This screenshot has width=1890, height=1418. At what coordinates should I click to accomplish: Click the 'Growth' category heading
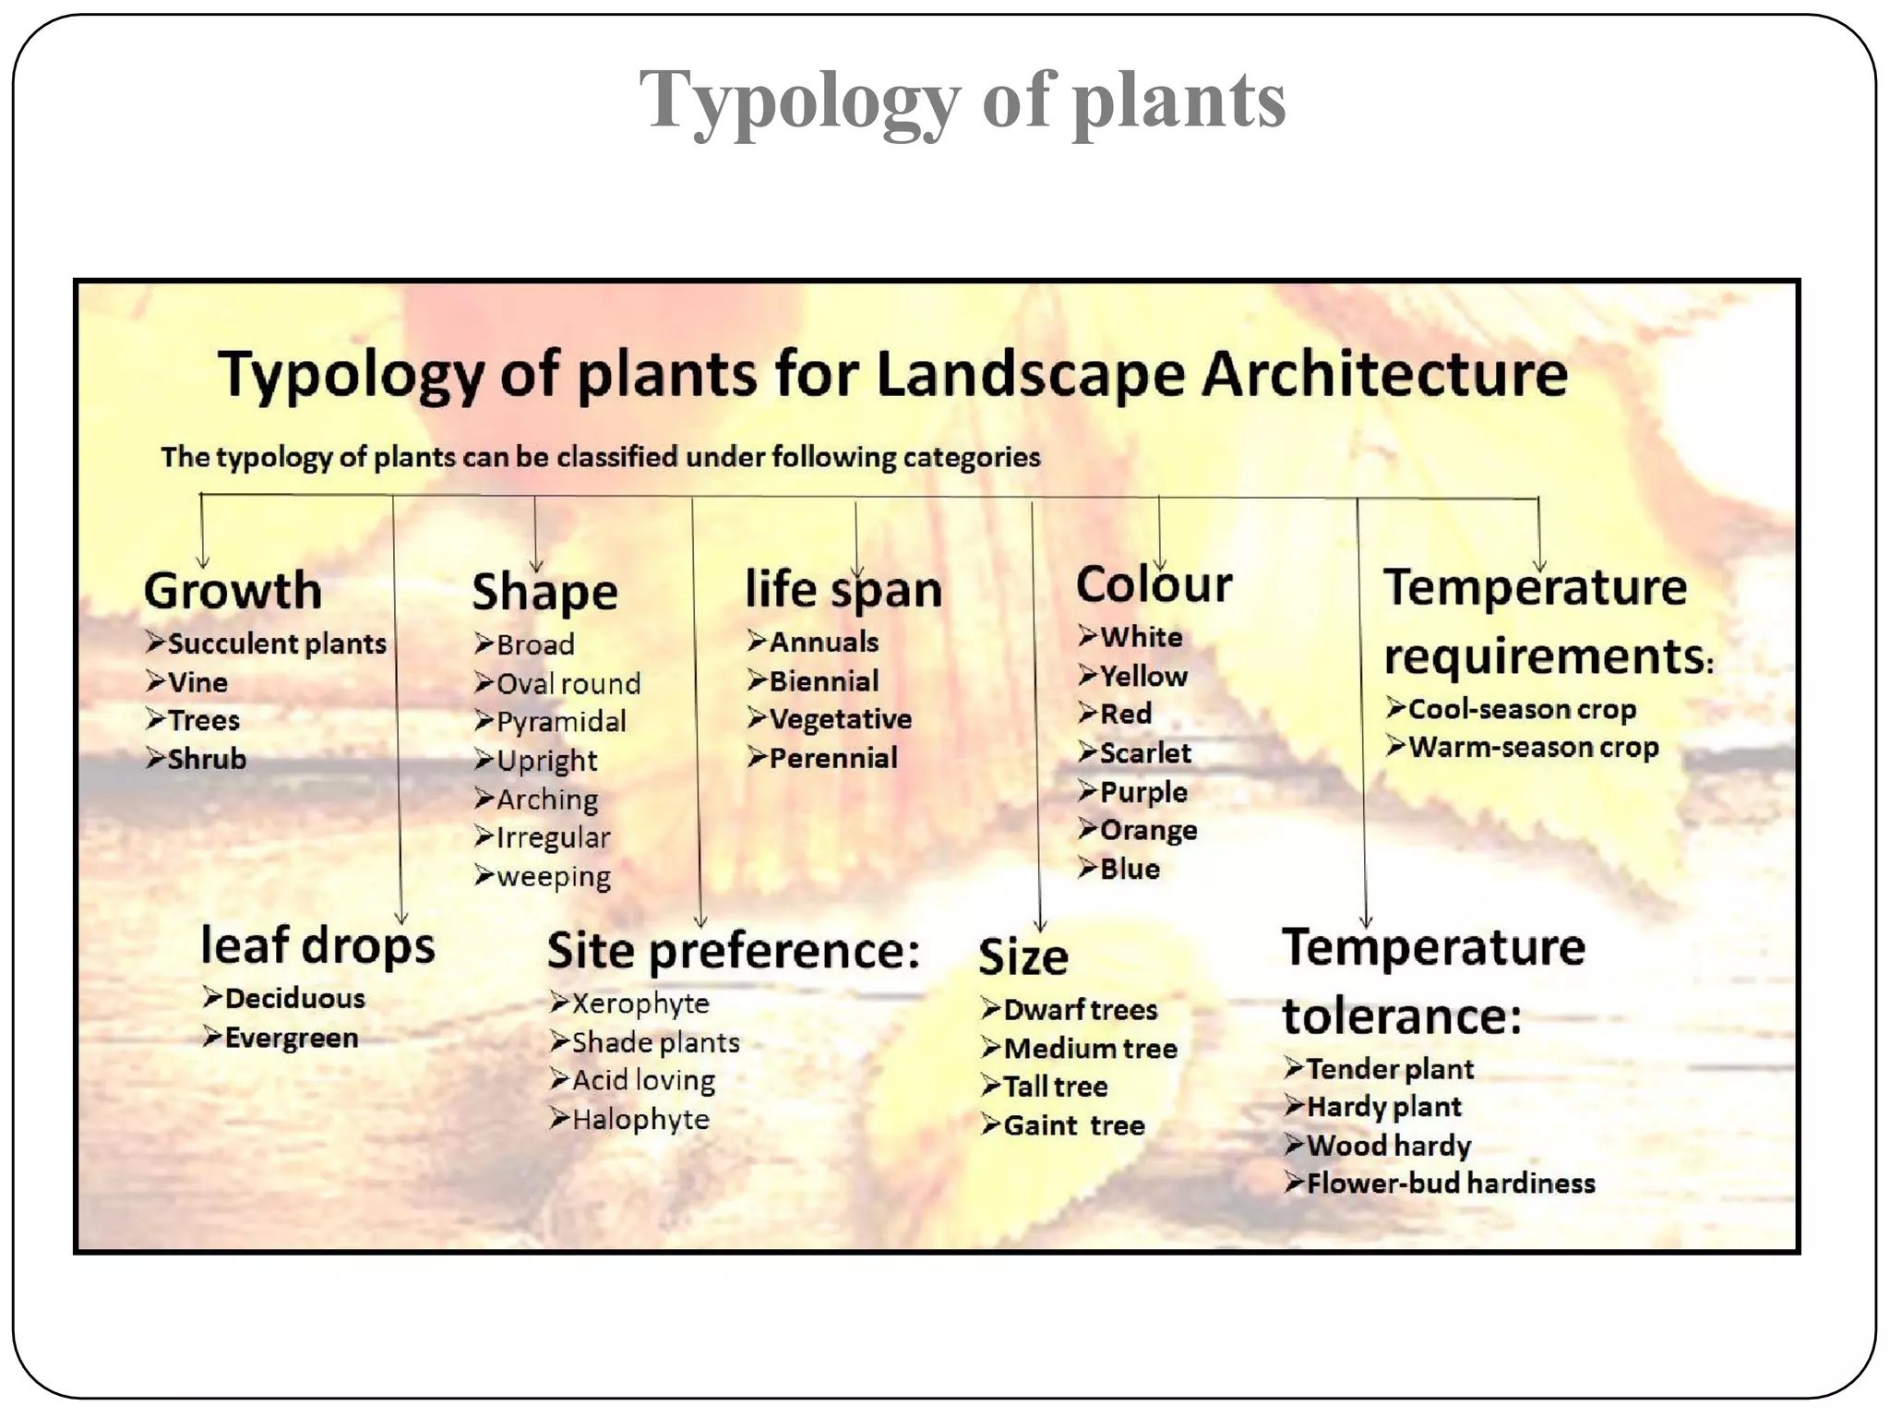click(x=233, y=591)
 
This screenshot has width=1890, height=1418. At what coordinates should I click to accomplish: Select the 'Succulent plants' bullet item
click(x=276, y=643)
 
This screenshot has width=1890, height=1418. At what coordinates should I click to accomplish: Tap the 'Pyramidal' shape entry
click(x=560, y=722)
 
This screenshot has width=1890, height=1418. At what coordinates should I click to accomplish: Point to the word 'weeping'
click(x=553, y=876)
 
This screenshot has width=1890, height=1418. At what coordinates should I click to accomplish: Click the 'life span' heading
click(x=843, y=590)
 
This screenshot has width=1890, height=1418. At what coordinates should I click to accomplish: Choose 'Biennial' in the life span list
click(x=823, y=681)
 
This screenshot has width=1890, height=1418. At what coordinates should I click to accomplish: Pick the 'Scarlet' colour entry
click(x=1144, y=753)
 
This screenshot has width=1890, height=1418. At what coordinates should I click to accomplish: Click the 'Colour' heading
click(x=1154, y=585)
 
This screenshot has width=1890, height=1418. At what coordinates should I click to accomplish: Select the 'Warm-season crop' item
click(x=1533, y=747)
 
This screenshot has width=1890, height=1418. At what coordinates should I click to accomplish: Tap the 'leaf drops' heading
click(x=317, y=946)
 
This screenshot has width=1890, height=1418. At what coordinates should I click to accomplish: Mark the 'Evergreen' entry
click(x=291, y=1038)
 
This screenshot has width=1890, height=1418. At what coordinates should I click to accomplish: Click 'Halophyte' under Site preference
click(x=640, y=1120)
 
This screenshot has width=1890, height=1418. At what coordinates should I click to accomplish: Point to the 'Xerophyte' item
click(x=640, y=1003)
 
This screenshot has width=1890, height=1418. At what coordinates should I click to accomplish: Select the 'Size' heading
click(x=1023, y=957)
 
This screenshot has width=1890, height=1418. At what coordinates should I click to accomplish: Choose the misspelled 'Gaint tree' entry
click(x=1073, y=1125)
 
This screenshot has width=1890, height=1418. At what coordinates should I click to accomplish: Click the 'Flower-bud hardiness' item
click(x=1450, y=1184)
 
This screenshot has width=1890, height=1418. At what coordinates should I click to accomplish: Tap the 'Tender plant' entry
click(x=1389, y=1069)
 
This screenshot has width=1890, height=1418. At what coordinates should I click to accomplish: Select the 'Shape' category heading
click(x=544, y=592)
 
